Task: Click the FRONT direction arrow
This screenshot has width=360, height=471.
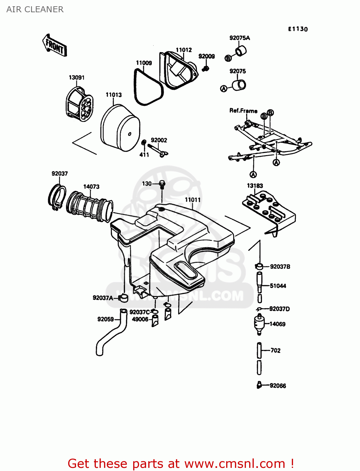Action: click(x=55, y=46)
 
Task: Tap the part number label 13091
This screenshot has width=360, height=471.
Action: click(x=77, y=78)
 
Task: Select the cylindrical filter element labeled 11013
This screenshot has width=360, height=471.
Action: click(x=120, y=129)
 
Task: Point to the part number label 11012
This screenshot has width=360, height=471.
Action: click(x=183, y=50)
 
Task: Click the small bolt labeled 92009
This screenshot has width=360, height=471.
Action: click(x=206, y=68)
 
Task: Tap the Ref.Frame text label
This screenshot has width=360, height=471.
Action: click(x=243, y=111)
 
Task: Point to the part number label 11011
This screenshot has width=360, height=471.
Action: click(x=192, y=200)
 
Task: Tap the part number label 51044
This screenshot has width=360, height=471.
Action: click(x=278, y=286)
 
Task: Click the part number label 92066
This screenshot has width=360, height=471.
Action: click(x=278, y=386)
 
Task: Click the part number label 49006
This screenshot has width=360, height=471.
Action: click(x=140, y=319)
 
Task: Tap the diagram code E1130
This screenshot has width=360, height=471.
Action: click(x=298, y=29)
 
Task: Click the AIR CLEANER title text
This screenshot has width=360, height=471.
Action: click(x=35, y=9)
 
